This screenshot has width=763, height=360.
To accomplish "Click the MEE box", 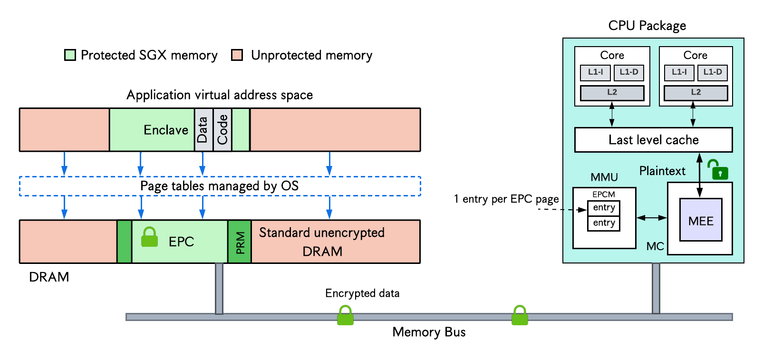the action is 701,220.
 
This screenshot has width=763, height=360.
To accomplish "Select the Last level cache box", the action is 653,140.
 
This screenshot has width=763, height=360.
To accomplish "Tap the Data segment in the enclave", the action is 203,130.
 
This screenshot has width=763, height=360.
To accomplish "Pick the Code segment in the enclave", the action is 222,130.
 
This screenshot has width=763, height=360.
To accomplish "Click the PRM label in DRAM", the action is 240,243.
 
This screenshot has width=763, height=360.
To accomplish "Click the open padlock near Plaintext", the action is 717,169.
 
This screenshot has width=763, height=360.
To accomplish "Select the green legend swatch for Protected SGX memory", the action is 70,55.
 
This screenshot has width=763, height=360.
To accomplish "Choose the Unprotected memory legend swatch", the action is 237,55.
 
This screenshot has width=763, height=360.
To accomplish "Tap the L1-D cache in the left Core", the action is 629,73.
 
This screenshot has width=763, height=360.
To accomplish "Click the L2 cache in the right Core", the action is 695,93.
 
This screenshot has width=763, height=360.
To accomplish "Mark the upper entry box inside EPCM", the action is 604,208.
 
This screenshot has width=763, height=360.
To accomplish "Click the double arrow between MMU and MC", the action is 652,217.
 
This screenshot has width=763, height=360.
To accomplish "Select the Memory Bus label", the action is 429,332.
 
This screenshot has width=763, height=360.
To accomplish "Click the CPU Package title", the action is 647,26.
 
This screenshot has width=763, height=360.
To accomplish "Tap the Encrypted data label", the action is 362,293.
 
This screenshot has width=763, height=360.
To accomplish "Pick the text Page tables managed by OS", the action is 219,186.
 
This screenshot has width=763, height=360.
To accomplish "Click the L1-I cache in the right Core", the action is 679,73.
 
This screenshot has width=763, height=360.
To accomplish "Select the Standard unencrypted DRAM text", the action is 322,242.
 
